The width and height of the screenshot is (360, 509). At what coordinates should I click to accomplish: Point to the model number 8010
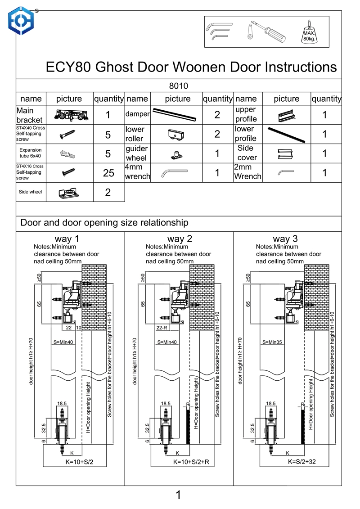tap(178, 86)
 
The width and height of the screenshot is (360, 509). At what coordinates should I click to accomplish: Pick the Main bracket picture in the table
tap(69, 115)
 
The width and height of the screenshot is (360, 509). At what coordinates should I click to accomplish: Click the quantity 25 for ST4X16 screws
tap(108, 173)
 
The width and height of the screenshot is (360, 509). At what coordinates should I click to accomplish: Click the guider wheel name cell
tap(137, 153)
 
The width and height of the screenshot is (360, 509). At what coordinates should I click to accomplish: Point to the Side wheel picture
tap(69, 193)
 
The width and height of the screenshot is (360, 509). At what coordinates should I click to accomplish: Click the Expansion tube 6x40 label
tap(31, 153)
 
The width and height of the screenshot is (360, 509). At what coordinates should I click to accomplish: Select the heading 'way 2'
tap(180, 239)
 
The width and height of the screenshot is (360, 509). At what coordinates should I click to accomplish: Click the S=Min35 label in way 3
tap(272, 342)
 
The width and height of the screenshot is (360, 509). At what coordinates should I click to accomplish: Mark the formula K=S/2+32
tap(304, 462)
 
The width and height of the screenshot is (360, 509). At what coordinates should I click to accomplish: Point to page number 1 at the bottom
tap(178, 495)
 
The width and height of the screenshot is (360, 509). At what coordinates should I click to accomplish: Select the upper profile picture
tap(286, 116)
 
